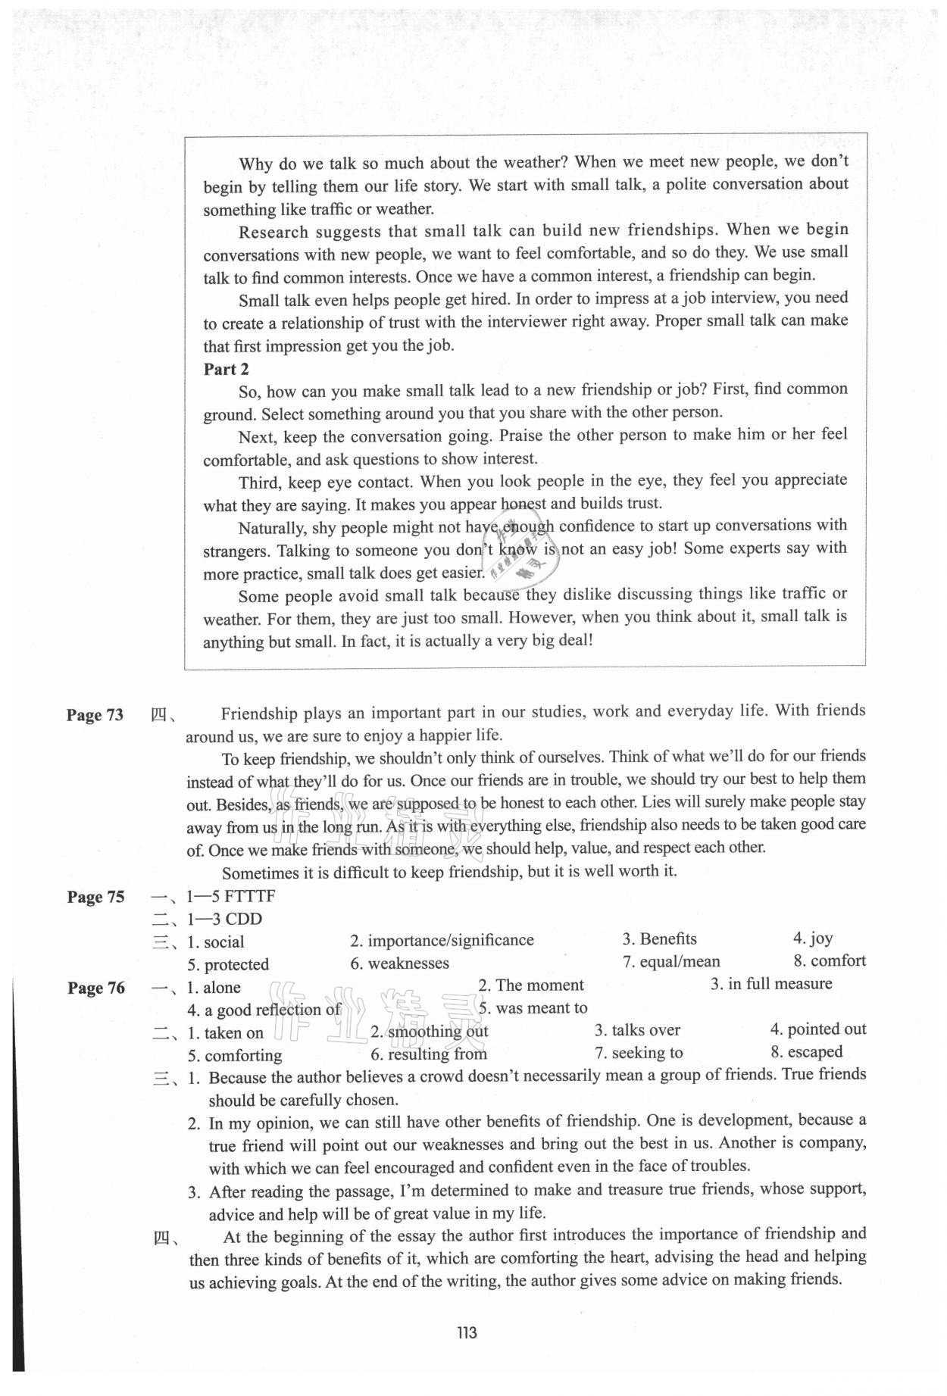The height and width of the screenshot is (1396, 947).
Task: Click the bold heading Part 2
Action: pyautogui.click(x=226, y=369)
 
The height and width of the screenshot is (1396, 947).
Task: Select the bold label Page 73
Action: pyautogui.click(x=95, y=715)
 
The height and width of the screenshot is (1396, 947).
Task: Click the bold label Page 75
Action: pyautogui.click(x=95, y=897)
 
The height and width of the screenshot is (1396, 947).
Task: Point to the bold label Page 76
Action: pyautogui.click(x=95, y=988)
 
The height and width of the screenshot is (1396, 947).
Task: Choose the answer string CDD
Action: pyautogui.click(x=244, y=919)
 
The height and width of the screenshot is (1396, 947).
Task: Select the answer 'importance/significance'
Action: pyautogui.click(x=450, y=940)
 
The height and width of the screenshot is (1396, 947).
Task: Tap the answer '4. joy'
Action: pyautogui.click(x=813, y=938)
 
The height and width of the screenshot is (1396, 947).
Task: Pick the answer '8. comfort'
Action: pyautogui.click(x=829, y=960)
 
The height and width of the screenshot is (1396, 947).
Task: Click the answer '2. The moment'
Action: pyautogui.click(x=530, y=985)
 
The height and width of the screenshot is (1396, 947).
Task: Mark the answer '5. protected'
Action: pyautogui.click(x=228, y=964)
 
